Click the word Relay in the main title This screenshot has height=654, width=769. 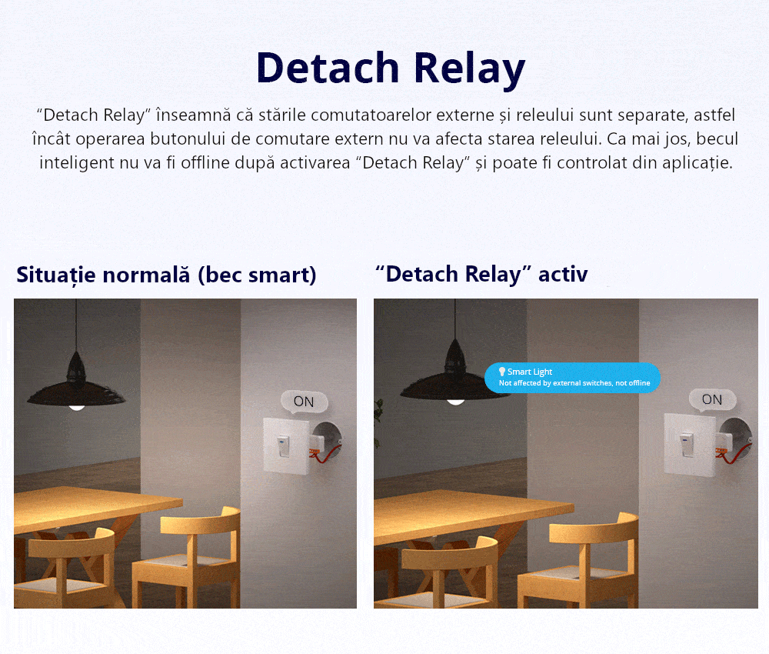[x=469, y=69]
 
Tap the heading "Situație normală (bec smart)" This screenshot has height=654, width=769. [x=166, y=275]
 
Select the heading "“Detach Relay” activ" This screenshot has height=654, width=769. [x=481, y=274]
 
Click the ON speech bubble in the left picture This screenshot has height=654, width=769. [x=304, y=401]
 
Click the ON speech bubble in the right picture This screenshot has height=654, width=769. [x=712, y=399]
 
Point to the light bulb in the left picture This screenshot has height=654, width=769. [x=76, y=405]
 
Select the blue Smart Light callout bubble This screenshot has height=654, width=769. [x=572, y=377]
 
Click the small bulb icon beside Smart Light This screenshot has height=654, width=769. [x=502, y=372]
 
